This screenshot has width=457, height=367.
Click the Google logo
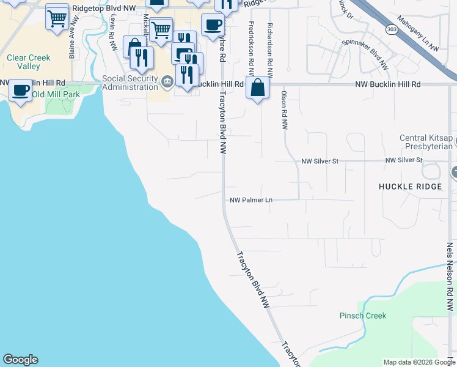[20, 360]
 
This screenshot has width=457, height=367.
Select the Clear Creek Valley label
[28, 62]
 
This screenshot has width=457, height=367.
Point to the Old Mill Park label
[56, 94]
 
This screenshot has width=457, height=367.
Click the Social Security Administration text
[130, 83]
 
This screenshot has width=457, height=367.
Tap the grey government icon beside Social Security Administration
[167, 81]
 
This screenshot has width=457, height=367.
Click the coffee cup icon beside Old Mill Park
[20, 91]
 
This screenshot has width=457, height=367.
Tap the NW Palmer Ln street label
[250, 200]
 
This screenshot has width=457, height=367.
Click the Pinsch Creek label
[363, 316]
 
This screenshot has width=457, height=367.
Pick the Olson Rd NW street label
[284, 110]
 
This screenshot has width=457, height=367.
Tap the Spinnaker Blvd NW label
[365, 51]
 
